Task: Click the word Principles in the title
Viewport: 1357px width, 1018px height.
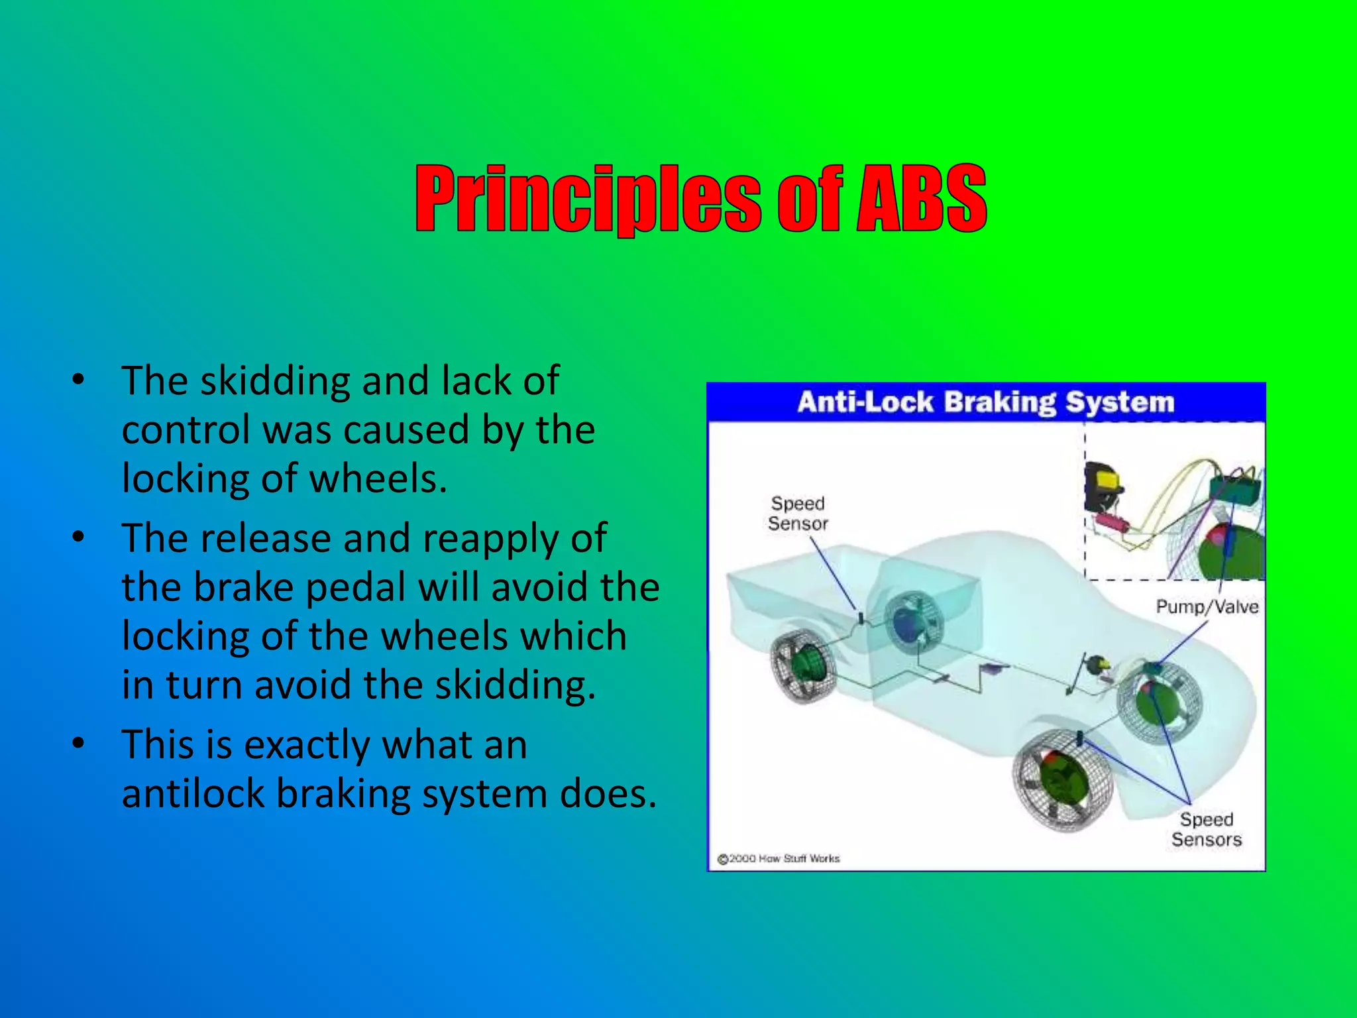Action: click(588, 199)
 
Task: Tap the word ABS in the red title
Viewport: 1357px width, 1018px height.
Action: click(921, 199)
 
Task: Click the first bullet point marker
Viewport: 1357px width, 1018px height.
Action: click(79, 380)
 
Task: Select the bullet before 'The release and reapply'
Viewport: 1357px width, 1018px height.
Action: click(79, 537)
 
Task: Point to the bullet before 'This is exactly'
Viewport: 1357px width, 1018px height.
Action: click(79, 744)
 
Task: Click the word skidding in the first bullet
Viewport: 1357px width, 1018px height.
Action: click(275, 382)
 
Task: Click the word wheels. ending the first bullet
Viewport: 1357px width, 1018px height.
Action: click(378, 479)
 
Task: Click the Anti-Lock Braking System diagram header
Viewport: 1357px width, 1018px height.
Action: click(985, 402)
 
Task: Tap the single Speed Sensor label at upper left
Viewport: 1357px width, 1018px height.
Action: click(798, 513)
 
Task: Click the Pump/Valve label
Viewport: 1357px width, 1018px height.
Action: click(1207, 606)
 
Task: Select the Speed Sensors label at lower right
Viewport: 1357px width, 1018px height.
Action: click(1206, 829)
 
